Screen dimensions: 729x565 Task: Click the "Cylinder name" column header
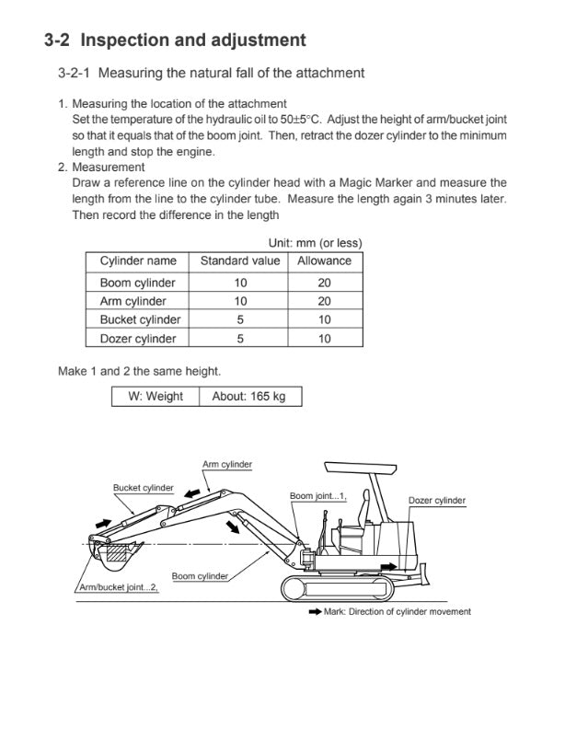138,260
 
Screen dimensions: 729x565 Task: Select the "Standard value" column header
240,260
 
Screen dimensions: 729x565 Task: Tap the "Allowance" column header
324,260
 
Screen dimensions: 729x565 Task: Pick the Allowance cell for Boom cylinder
324,283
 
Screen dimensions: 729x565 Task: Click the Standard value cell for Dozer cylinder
240,339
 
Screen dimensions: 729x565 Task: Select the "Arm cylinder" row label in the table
133,301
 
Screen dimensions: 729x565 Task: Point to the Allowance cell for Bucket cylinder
324,319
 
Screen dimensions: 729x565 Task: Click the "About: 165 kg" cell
248,397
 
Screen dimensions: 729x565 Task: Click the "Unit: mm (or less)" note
315,243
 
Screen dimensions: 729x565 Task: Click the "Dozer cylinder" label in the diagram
436,501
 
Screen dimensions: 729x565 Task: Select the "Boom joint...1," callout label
317,495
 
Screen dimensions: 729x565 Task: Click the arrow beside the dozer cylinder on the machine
391,568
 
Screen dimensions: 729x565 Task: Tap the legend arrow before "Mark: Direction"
315,612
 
